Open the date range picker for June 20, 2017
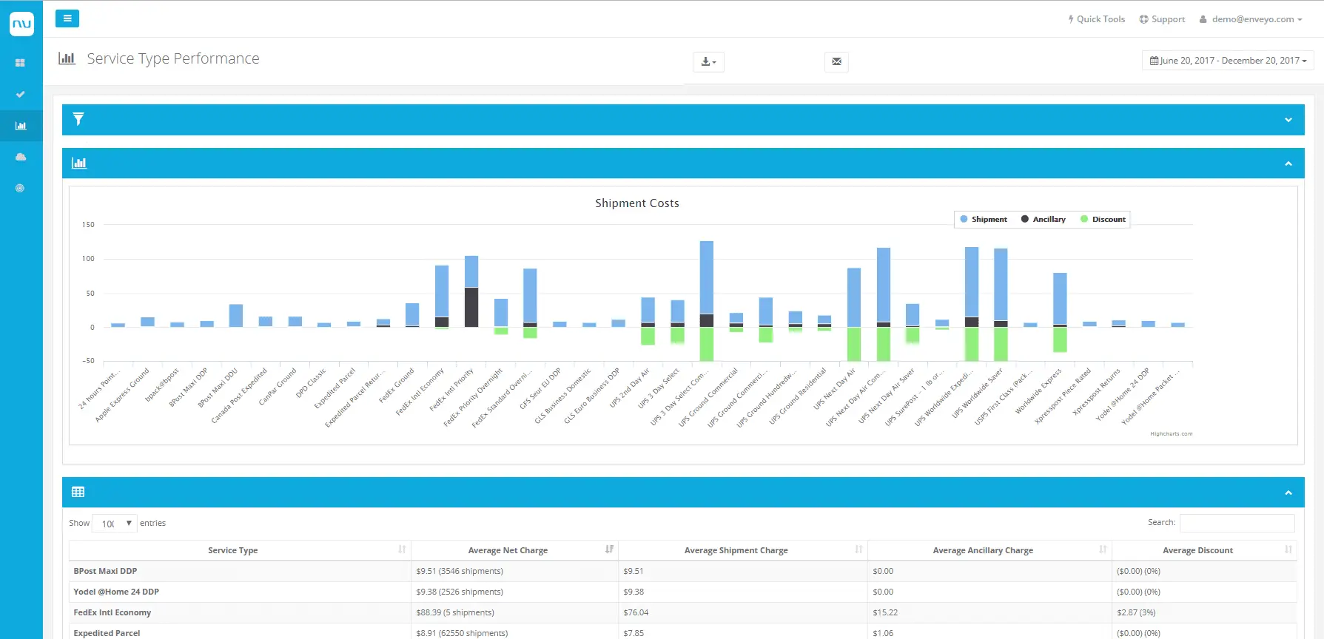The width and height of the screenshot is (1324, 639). pyautogui.click(x=1228, y=61)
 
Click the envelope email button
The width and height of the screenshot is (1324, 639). pyautogui.click(x=836, y=61)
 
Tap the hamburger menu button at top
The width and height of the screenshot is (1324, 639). pyautogui.click(x=67, y=18)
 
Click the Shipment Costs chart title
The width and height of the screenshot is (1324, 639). pyautogui.click(x=636, y=203)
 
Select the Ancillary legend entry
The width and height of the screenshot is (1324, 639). pyautogui.click(x=1044, y=220)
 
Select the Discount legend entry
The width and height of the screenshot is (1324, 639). pyautogui.click(x=1103, y=220)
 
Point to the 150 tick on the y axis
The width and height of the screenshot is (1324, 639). pyautogui.click(x=88, y=225)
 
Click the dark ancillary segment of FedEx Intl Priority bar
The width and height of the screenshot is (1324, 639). pyautogui.click(x=471, y=307)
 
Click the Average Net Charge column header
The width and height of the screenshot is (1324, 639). pyautogui.click(x=508, y=550)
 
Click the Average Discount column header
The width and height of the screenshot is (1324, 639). pyautogui.click(x=1197, y=550)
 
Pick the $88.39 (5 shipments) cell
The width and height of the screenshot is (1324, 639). pyautogui.click(x=455, y=612)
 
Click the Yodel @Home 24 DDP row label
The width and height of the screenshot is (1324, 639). pyautogui.click(x=116, y=592)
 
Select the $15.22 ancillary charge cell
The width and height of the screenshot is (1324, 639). pyautogui.click(x=885, y=612)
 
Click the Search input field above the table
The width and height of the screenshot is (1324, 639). pyautogui.click(x=1237, y=523)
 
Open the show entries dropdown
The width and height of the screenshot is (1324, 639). pyautogui.click(x=115, y=524)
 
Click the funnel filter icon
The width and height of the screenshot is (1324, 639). pyautogui.click(x=78, y=119)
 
